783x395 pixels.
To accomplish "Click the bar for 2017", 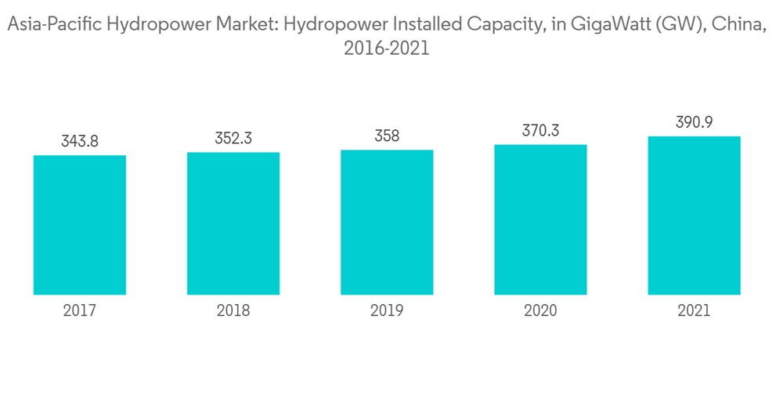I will (x=80, y=225).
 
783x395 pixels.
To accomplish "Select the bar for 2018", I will (x=233, y=223).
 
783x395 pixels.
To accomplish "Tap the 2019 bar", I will (x=387, y=222).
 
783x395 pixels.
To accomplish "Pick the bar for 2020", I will (x=540, y=219).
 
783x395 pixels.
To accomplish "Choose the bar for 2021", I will (x=694, y=216).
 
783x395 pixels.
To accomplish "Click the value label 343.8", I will (x=80, y=142).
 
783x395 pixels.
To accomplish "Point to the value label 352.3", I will (x=233, y=139).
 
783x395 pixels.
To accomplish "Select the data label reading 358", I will (x=387, y=136).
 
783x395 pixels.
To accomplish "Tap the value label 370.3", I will (x=540, y=131).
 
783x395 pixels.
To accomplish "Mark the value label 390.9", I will (x=694, y=123).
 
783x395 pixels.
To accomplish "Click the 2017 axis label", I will (x=80, y=311).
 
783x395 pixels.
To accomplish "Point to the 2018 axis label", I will (x=233, y=311).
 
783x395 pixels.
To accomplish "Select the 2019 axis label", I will (x=387, y=311).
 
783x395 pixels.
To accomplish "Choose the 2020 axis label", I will (x=540, y=311).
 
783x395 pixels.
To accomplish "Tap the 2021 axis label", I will (x=694, y=311).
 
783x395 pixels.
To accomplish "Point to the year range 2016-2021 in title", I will (x=387, y=49).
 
